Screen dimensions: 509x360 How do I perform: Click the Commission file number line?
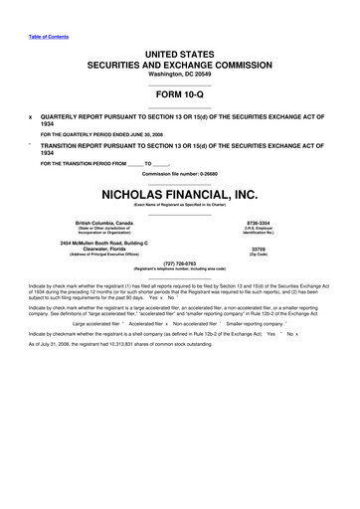coord(179,174)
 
